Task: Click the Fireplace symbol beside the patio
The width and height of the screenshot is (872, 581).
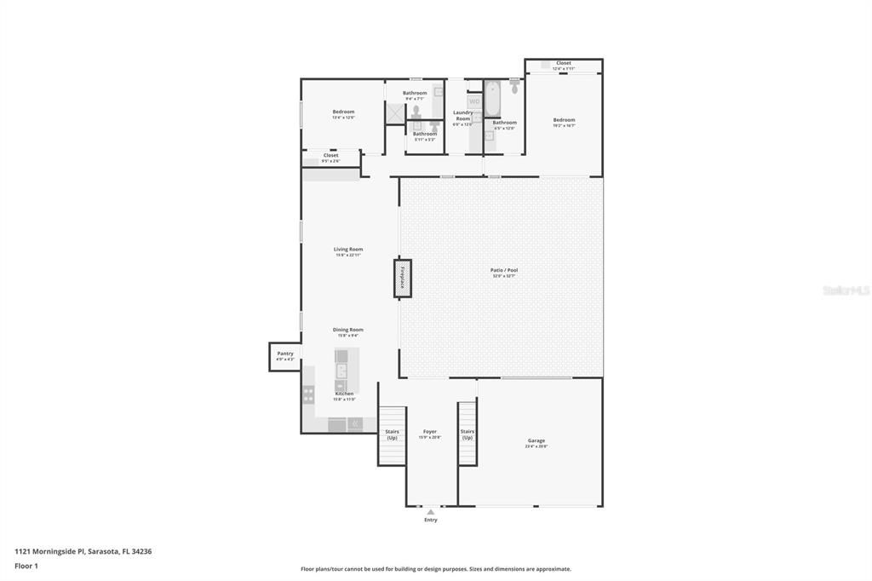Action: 402,279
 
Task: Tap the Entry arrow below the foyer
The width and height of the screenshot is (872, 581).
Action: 431,512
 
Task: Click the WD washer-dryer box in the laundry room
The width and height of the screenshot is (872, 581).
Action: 474,101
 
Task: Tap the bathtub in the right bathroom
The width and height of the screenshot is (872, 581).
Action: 493,98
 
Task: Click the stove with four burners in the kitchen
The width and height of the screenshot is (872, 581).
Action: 308,394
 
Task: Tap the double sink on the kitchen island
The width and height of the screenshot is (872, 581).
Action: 341,371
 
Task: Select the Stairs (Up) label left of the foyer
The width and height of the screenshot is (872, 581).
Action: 392,434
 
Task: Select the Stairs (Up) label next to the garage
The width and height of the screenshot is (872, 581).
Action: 467,434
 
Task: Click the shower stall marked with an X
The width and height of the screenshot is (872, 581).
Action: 395,113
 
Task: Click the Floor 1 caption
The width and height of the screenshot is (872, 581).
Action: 26,566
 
